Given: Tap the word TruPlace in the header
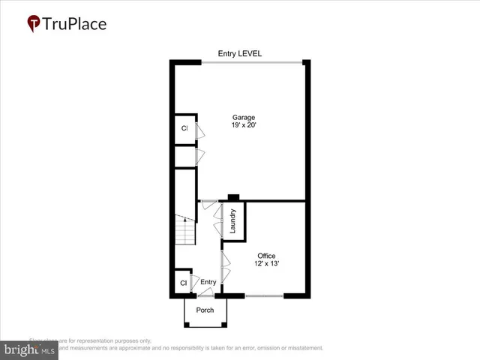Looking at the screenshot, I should click(75, 24).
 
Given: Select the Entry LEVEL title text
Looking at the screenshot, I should click(240, 53).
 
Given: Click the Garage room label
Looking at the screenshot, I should click(244, 118).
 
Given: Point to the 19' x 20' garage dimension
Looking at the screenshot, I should click(244, 127).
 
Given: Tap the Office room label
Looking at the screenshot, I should click(267, 256).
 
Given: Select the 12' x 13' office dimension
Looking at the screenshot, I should click(267, 265).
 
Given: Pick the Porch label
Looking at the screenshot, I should click(205, 310).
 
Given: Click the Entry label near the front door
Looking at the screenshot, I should click(208, 282).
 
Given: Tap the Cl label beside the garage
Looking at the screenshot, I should click(184, 128).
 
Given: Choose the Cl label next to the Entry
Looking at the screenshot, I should click(183, 283).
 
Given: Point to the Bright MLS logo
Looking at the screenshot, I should click(30, 349).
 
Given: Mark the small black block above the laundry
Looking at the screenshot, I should click(233, 198).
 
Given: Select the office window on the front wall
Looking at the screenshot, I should click(264, 296).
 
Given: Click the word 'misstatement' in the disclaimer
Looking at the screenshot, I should click(300, 348).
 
